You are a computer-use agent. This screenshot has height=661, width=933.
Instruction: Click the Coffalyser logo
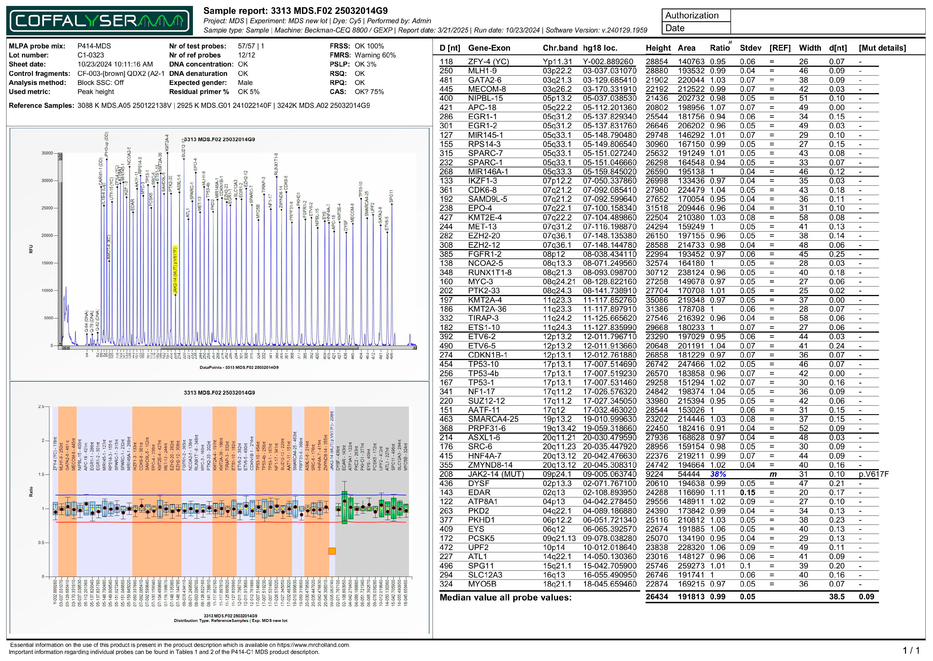(99, 20)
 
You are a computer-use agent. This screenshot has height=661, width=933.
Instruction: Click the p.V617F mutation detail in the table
(874, 474)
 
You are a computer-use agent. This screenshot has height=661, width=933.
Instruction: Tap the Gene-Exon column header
(489, 48)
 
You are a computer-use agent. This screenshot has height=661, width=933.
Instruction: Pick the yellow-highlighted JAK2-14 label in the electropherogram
(175, 269)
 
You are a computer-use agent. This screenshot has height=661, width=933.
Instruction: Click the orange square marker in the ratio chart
(332, 551)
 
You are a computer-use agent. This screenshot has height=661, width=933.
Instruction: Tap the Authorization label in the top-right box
(692, 16)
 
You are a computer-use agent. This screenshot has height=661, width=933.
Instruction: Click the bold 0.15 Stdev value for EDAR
(747, 493)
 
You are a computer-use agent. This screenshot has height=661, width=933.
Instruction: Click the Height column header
(658, 48)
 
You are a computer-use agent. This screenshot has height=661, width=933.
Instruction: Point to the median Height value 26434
(656, 597)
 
